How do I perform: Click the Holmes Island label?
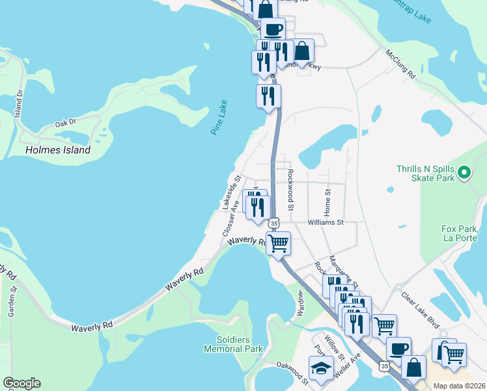(x=57, y=150)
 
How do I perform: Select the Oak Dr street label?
(x=66, y=123)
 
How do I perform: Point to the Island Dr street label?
(x=20, y=98)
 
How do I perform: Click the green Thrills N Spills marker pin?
(x=464, y=173)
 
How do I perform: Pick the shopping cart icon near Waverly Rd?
(x=279, y=243)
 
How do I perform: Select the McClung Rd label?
(x=400, y=64)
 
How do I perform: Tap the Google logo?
(x=21, y=383)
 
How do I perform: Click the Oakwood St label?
(x=292, y=369)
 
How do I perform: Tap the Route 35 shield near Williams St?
(x=275, y=223)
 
